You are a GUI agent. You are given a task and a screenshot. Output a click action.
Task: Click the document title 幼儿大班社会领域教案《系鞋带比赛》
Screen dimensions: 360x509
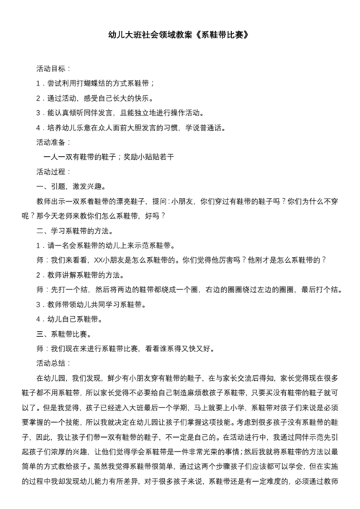(179, 35)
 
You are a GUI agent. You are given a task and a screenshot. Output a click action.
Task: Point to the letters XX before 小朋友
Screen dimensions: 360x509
(97, 261)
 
